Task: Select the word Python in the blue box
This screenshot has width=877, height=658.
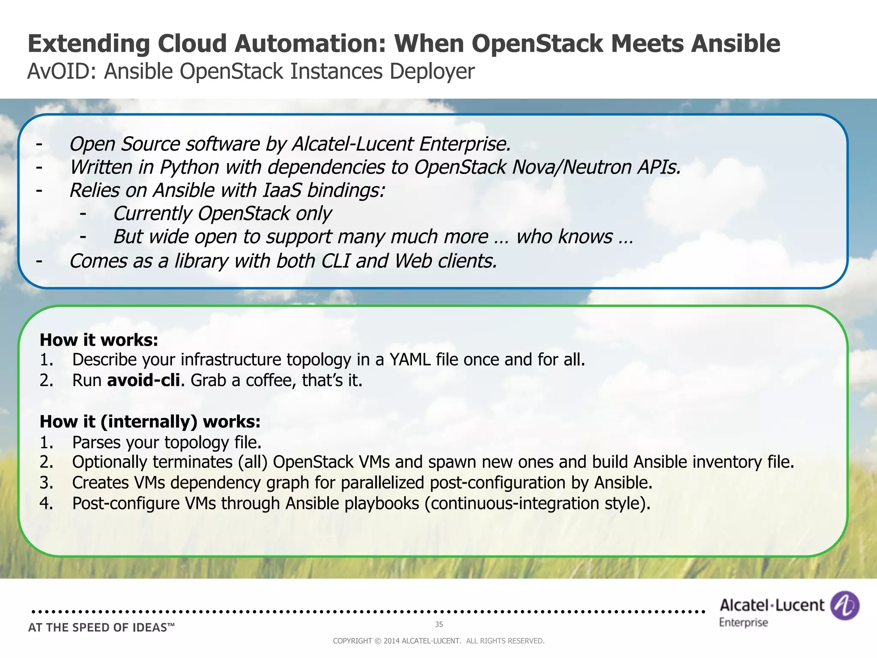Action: pyautogui.click(x=189, y=167)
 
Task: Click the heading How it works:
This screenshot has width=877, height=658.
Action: pyautogui.click(x=99, y=340)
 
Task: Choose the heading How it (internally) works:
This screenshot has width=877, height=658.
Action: pyautogui.click(x=150, y=422)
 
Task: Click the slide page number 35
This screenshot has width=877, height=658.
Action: pyautogui.click(x=439, y=625)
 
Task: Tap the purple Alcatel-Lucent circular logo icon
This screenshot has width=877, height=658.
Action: pyautogui.click(x=844, y=605)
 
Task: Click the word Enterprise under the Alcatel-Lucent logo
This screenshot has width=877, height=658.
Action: pyautogui.click(x=743, y=622)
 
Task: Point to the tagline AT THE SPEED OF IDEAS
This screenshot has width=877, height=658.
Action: pyautogui.click(x=101, y=628)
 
